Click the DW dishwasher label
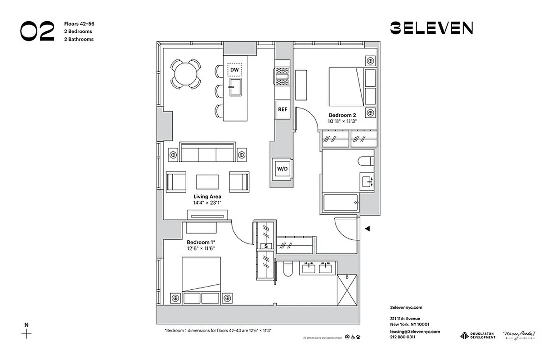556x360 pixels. (234, 70)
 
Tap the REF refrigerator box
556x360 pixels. (282, 109)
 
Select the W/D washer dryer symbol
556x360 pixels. (282, 169)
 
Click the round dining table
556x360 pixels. (185, 73)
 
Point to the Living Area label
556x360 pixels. (207, 197)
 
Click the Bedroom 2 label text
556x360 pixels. (342, 115)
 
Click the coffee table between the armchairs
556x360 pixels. (207, 182)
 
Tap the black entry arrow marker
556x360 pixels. (367, 229)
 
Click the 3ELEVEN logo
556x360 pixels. (431, 28)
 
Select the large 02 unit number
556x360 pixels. (37, 31)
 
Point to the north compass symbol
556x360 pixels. (27, 333)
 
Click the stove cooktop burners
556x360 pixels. (282, 76)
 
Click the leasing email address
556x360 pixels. (415, 332)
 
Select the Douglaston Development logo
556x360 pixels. (477, 335)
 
